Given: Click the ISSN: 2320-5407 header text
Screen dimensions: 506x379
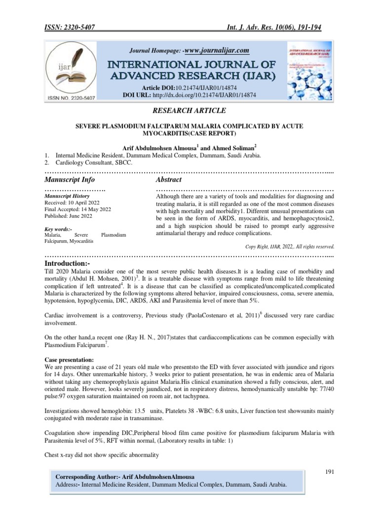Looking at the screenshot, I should coord(70,27).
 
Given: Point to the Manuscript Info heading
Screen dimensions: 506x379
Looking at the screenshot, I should coord(70,179).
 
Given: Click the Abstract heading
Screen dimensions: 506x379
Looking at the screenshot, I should coord(169,179).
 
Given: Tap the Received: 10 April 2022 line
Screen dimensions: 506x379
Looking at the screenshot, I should coord(72,203).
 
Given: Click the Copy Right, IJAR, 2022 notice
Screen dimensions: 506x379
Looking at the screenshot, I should coord(290,246).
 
